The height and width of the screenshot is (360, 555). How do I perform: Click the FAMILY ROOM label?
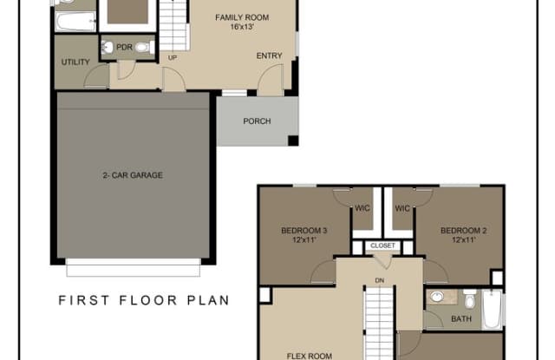click(x=242, y=17)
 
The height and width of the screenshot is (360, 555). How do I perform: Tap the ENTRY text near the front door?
click(x=270, y=56)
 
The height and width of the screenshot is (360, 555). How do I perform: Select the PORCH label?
click(x=257, y=121)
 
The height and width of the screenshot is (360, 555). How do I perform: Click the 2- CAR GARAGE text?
click(x=133, y=175)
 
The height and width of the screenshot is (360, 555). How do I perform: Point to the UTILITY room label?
click(x=75, y=62)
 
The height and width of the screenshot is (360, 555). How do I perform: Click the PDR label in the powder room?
click(x=124, y=47)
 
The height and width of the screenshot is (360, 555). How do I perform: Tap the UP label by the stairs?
click(x=173, y=58)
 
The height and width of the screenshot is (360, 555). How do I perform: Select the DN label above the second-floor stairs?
click(x=380, y=281)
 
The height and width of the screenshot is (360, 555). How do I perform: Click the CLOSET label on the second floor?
click(x=382, y=245)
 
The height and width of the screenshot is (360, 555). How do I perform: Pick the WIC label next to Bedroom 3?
click(x=362, y=208)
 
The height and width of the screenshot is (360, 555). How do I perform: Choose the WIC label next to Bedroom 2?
click(x=402, y=208)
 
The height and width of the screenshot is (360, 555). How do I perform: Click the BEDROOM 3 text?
click(x=304, y=231)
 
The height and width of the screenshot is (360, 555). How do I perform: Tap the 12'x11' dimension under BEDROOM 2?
click(x=463, y=239)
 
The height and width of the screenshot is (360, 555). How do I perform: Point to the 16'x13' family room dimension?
click(x=242, y=27)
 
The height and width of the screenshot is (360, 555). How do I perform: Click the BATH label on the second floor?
click(x=461, y=319)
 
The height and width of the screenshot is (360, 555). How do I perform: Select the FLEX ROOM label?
click(x=310, y=356)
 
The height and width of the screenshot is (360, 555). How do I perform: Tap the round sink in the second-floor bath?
click(x=437, y=297)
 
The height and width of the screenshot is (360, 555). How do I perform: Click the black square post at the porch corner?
click(x=293, y=141)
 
